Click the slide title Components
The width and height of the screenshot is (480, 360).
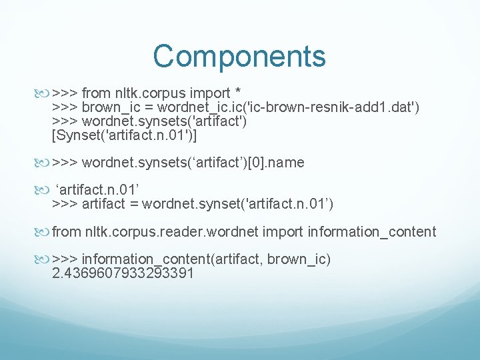[239, 56]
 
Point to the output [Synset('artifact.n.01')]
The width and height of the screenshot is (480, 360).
[125, 135]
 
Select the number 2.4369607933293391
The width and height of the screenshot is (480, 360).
[123, 273]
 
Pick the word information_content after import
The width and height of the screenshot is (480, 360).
[371, 232]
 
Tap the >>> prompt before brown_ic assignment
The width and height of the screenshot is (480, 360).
[65, 108]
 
